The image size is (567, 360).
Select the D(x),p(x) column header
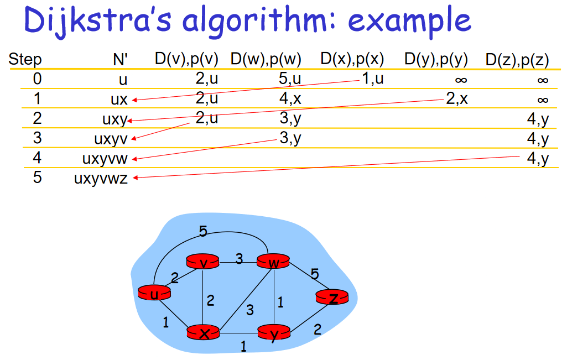(352, 59)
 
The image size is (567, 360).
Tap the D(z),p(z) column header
(517, 59)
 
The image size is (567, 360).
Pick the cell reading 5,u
(290, 79)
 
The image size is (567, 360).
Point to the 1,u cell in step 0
(373, 79)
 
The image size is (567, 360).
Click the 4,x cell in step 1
(290, 99)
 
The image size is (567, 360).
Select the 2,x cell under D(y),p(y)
(456, 99)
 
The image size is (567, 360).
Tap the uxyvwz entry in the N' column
(101, 179)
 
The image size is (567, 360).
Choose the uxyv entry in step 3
(111, 139)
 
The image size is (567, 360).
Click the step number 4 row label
(37, 159)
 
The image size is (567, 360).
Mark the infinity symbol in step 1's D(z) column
(542, 100)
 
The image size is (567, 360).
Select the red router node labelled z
(333, 298)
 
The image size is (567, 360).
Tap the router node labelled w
(273, 262)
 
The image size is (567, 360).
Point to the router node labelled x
(204, 333)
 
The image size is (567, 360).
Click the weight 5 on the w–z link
(315, 274)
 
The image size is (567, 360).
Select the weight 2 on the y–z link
(317, 330)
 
